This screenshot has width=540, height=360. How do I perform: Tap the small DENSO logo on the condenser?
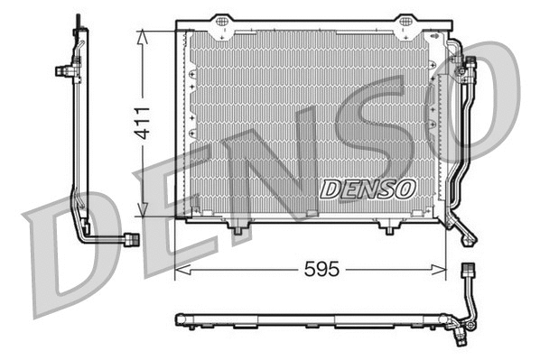(367, 188)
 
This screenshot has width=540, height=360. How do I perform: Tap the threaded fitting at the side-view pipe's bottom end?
(132, 239)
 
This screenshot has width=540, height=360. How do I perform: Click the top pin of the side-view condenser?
(79, 20)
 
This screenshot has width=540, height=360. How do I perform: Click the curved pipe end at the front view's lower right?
(467, 236)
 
